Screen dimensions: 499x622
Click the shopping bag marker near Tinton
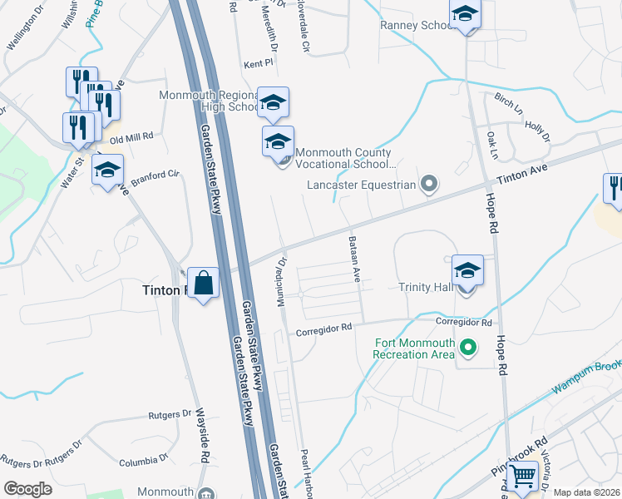203,284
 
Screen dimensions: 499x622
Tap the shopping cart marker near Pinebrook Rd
523,477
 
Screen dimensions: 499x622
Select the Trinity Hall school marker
467,271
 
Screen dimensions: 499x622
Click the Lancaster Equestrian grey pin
429,183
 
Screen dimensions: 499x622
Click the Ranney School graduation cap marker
465,13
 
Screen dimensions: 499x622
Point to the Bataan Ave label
353,259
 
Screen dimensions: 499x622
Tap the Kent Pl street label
259,63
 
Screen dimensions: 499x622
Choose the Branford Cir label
155,175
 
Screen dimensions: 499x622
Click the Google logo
27,489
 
